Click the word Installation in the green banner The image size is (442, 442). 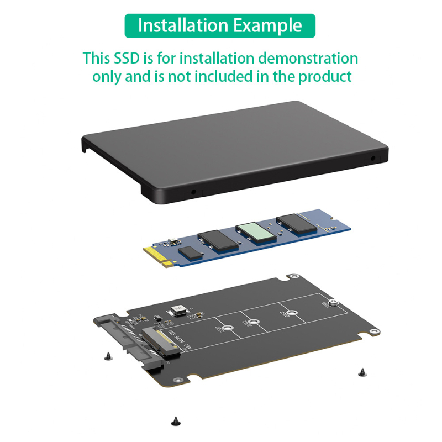[183, 26]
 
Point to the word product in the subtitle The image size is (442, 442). [325, 76]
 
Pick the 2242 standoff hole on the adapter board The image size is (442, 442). [254, 321]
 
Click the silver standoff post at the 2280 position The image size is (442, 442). [332, 302]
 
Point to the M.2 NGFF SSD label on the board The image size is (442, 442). [179, 341]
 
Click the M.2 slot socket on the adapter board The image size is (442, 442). [161, 343]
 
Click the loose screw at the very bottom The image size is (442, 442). [175, 420]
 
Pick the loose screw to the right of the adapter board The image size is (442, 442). [362, 373]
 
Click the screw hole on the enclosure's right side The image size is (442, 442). [373, 158]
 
